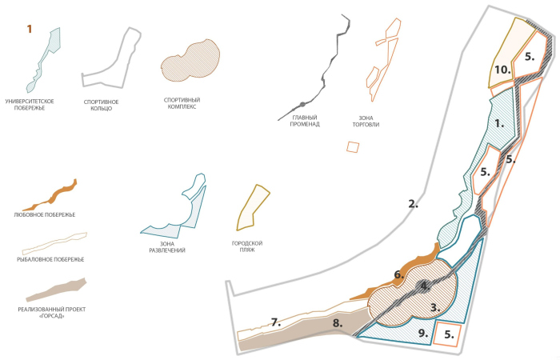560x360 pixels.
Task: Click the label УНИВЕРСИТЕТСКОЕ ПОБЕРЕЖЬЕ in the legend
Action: (36, 103)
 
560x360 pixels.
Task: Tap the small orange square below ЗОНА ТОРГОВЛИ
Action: (353, 147)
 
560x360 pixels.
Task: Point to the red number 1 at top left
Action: (30, 29)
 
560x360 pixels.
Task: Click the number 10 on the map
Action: (502, 70)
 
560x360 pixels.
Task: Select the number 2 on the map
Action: (413, 204)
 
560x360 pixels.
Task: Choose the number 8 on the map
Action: (337, 323)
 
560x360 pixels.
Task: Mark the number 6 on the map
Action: (398, 274)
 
